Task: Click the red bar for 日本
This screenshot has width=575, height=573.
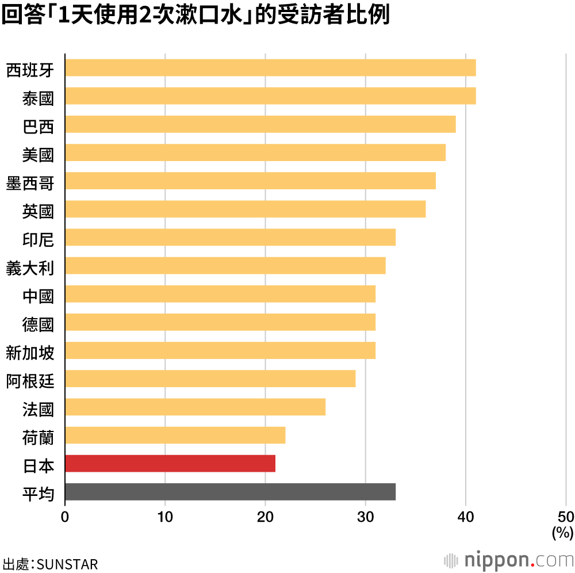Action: [170, 463]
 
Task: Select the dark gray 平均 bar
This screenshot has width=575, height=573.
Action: [230, 492]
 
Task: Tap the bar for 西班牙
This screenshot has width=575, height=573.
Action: [270, 67]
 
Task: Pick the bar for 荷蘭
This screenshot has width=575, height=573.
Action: [175, 435]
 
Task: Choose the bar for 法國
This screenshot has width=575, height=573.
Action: [195, 407]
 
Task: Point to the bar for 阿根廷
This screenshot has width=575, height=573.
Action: [210, 379]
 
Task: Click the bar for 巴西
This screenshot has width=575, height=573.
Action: [260, 124]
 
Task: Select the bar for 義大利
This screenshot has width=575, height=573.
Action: [225, 266]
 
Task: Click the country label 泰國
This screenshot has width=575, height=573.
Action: [38, 98]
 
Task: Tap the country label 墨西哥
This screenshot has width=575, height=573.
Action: [30, 183]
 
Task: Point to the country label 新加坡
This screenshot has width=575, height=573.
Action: [30, 352]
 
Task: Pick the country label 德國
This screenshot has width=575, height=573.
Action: [38, 324]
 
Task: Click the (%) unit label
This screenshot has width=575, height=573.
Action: [562, 533]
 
